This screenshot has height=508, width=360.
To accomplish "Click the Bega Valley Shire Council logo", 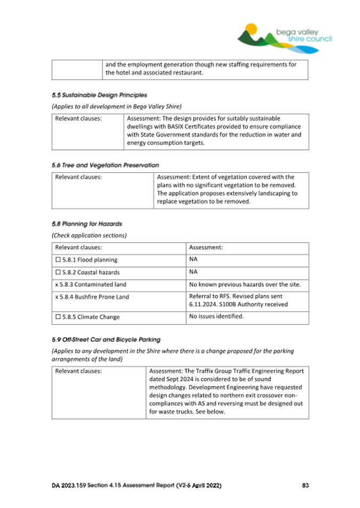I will (x=284, y=38).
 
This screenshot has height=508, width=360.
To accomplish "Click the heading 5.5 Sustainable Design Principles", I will (x=100, y=95).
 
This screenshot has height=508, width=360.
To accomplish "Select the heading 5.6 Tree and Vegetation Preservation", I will (x=106, y=165).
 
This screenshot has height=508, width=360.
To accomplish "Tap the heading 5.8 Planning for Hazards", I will (x=87, y=224).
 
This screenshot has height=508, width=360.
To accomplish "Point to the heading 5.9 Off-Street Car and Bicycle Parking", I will (x=106, y=339).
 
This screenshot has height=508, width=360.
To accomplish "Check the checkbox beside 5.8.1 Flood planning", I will (x=59, y=260).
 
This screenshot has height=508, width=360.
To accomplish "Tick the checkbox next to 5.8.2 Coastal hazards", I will (x=59, y=272).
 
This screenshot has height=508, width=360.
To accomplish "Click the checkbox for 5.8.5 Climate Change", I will (x=59, y=317).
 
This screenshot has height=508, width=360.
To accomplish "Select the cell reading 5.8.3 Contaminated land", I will (x=91, y=285).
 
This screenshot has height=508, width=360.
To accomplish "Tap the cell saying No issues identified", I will (x=217, y=316).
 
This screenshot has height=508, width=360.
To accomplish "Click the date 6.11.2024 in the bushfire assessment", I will (x=204, y=304).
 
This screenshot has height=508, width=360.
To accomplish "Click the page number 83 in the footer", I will (x=305, y=486).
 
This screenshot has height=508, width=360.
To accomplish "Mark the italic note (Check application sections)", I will (x=89, y=235).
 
